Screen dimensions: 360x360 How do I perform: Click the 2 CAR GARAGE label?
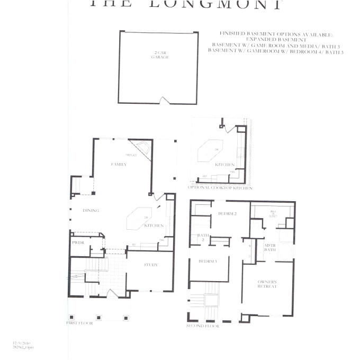pos(159,55)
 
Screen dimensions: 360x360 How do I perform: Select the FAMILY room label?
pos(119,165)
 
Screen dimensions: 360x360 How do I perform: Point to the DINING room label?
pos(91,210)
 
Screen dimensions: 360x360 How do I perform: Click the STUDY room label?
pos(151,265)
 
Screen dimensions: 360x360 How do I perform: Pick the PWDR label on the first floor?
pos(78,242)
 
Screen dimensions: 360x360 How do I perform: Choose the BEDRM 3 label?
pos(208,262)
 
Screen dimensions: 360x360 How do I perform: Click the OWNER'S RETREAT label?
pos(267,284)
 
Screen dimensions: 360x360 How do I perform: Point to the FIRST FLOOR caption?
pos(79,322)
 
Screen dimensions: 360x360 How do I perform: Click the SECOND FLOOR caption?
pos(203,326)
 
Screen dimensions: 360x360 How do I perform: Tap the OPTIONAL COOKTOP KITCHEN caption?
pos(220,188)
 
